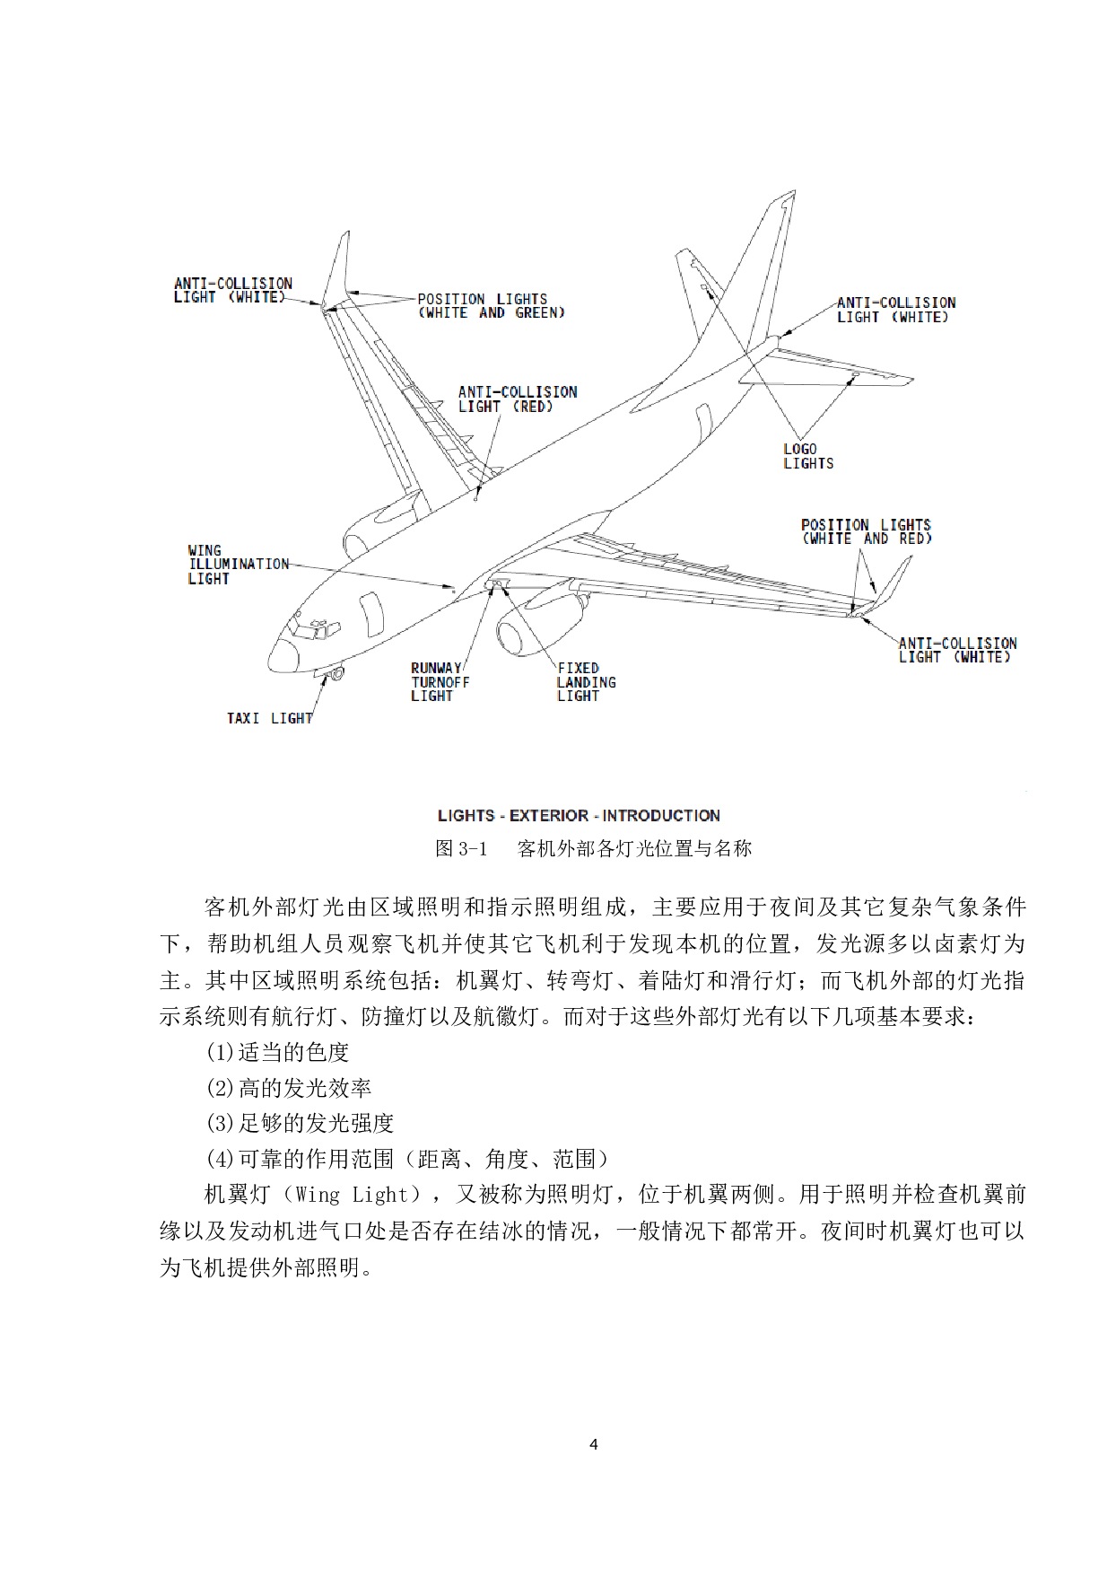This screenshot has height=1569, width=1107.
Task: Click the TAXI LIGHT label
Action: pyautogui.click(x=269, y=718)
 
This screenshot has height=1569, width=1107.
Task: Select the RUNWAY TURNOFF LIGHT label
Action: pyautogui.click(x=440, y=682)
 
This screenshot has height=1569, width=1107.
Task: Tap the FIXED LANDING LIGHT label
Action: pyautogui.click(x=586, y=682)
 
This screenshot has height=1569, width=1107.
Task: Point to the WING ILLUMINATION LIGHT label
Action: pyautogui.click(x=238, y=565)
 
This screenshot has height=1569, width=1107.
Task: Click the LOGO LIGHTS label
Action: pyautogui.click(x=807, y=456)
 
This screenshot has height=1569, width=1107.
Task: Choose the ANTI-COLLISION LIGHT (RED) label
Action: pyautogui.click(x=518, y=399)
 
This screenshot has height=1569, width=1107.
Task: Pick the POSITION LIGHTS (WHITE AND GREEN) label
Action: pyautogui.click(x=491, y=306)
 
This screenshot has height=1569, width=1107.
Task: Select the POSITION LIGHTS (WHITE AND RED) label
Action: pyautogui.click(x=866, y=531)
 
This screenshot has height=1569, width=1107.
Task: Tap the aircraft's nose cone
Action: pyautogui.click(x=282, y=656)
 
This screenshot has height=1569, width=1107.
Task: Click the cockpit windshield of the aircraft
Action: pyautogui.click(x=309, y=626)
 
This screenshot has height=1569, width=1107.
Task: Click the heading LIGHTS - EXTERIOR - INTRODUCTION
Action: pyautogui.click(x=579, y=815)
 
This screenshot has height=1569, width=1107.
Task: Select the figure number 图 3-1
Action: pyautogui.click(x=461, y=848)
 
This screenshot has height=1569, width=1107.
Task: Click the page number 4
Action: pyautogui.click(x=593, y=1444)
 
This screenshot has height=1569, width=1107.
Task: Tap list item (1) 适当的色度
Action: pyautogui.click(x=277, y=1052)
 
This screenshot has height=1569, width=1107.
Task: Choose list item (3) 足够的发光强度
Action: pyautogui.click(x=300, y=1123)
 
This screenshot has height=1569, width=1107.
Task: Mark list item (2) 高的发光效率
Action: pyautogui.click(x=288, y=1088)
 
